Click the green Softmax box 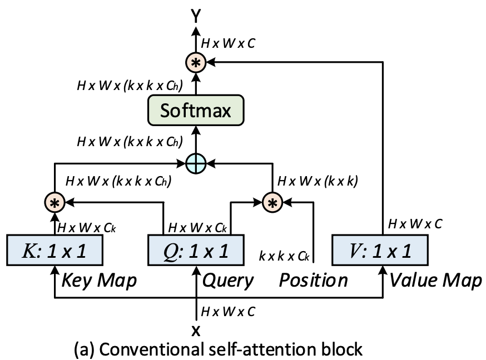(x=195, y=110)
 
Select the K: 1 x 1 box (x=55, y=251)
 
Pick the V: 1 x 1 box (x=380, y=251)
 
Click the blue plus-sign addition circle (x=195, y=163)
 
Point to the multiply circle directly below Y (x=195, y=63)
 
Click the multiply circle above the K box (x=55, y=203)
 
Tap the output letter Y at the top (x=195, y=18)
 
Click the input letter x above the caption (x=195, y=331)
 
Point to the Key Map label (x=100, y=281)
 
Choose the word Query (x=228, y=281)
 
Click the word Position (x=313, y=281)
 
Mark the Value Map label (x=435, y=281)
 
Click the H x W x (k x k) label (x=318, y=181)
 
